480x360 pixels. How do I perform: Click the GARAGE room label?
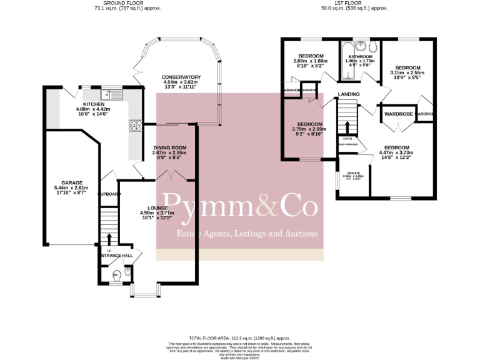[71, 183]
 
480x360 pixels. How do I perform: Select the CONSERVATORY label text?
[181, 77]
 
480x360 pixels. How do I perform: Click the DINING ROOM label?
[170, 147]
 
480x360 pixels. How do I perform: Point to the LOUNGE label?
[157, 208]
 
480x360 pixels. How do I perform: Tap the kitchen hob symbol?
[135, 125]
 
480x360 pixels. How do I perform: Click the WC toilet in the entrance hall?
[116, 276]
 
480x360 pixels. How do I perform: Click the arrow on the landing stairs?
[347, 128]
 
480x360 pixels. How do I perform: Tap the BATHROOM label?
[359, 56]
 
